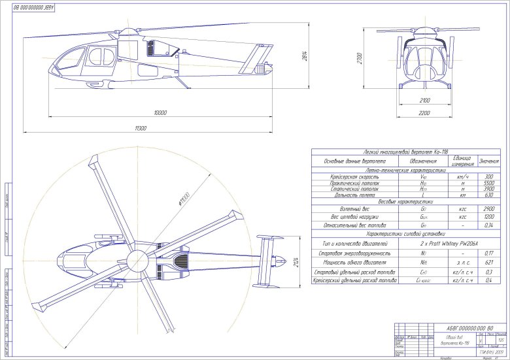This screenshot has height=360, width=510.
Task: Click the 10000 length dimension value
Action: pyautogui.click(x=160, y=112)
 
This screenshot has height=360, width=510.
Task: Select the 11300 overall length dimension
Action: pyautogui.click(x=141, y=129)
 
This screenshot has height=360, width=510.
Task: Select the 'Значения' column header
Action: pyautogui.click(x=489, y=161)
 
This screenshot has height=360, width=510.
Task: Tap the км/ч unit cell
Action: pyautogui.click(x=462, y=176)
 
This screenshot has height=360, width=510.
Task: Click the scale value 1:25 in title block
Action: pyautogui.click(x=500, y=340)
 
